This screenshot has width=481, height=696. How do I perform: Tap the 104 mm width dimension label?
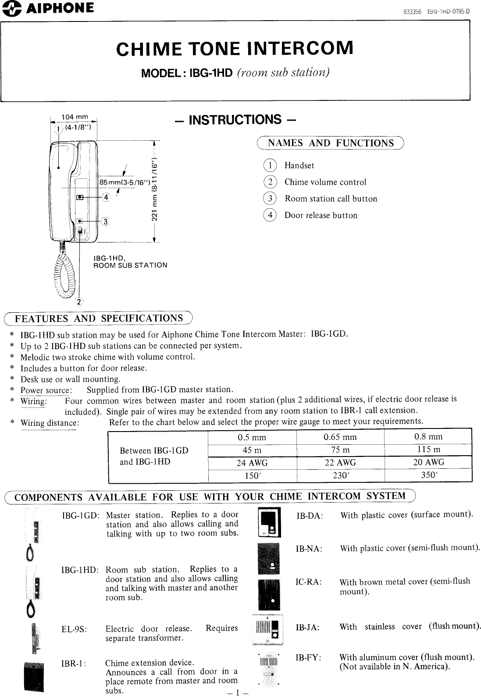(75, 117)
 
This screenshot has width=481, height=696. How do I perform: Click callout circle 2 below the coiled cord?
(79, 301)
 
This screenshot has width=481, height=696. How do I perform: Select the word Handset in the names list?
(299, 165)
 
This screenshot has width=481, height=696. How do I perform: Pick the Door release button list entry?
(321, 215)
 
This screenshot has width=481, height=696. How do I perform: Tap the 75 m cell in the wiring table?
(340, 450)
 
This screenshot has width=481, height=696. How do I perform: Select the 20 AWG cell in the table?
(428, 462)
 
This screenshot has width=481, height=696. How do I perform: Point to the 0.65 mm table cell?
(340, 437)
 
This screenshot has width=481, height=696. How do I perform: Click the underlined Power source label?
(46, 390)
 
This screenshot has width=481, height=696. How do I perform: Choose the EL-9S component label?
(74, 629)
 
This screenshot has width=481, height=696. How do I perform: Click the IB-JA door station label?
(307, 628)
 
